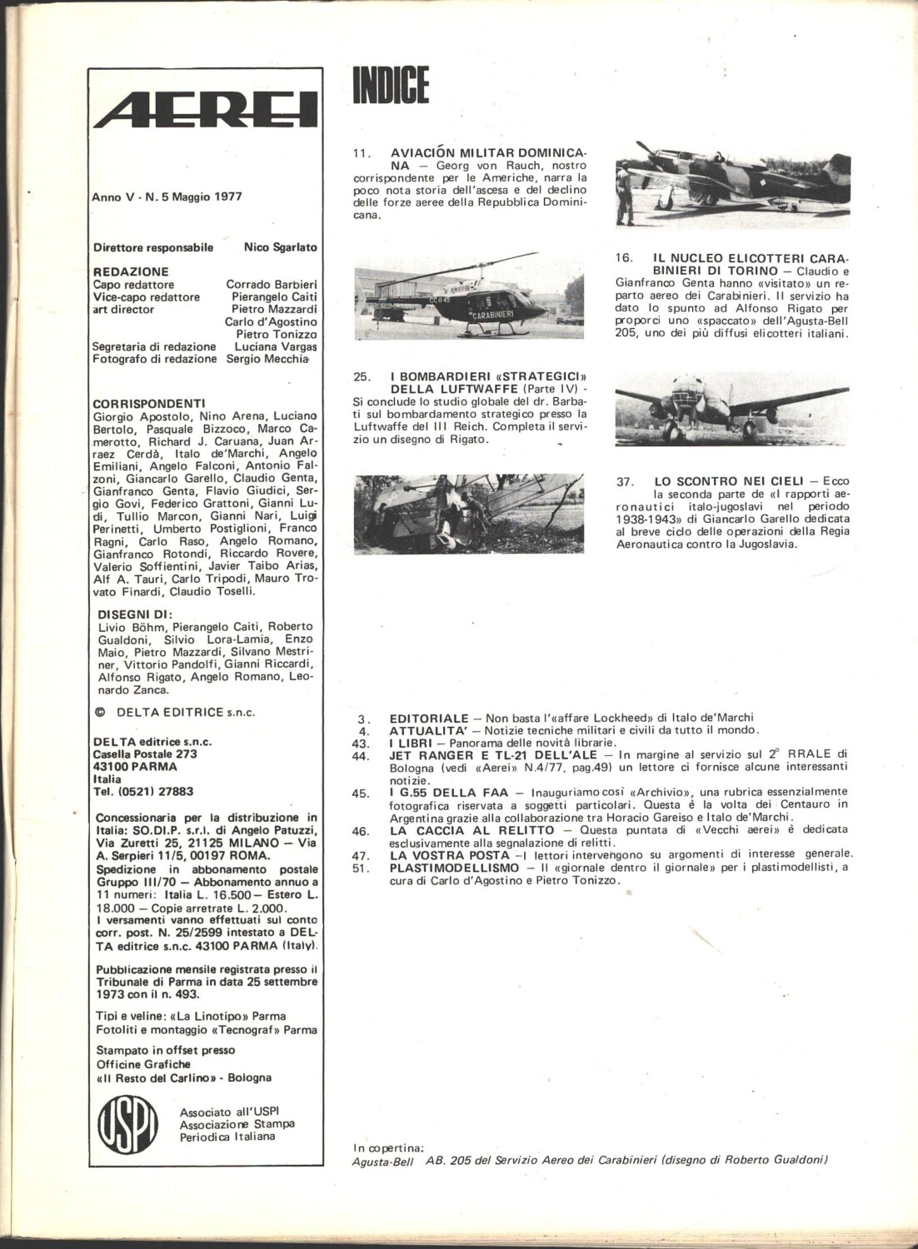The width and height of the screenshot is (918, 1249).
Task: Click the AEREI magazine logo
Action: click(x=205, y=110)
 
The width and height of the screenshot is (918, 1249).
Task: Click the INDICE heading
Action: click(x=391, y=86)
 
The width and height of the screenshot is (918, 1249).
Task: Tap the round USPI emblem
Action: click(x=127, y=1123)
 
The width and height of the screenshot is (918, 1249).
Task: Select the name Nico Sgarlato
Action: click(x=280, y=247)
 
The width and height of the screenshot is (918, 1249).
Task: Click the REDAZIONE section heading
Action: click(x=131, y=271)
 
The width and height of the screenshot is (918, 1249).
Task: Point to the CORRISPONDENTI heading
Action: click(x=149, y=403)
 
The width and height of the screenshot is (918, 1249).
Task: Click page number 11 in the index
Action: click(x=362, y=153)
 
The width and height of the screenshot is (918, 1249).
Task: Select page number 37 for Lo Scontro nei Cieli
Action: click(x=625, y=481)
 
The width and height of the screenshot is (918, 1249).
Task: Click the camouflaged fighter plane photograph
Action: click(x=732, y=184)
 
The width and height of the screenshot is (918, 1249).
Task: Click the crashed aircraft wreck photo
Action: click(x=469, y=514)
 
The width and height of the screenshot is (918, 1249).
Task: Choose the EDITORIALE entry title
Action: click(x=429, y=718)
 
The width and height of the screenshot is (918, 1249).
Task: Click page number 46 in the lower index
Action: click(x=361, y=831)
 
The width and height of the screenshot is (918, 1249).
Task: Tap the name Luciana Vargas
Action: click(x=275, y=346)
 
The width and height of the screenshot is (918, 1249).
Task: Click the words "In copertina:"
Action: click(x=388, y=1147)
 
